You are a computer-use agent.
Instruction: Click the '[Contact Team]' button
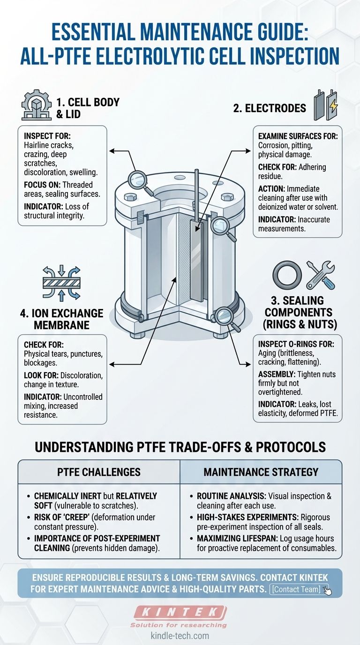click(x=296, y=589)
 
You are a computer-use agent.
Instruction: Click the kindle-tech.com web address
click(x=180, y=636)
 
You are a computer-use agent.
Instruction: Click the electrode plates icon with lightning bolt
click(x=325, y=105)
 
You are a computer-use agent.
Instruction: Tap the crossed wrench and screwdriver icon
click(x=321, y=275)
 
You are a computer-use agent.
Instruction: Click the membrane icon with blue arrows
click(x=61, y=283)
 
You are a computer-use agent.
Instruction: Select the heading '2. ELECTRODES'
click(x=270, y=108)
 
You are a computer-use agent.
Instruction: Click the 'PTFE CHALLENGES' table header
click(x=99, y=472)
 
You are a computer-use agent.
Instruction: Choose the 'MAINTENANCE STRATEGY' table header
click(x=261, y=472)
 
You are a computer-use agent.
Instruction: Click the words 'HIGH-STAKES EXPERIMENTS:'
click(x=247, y=517)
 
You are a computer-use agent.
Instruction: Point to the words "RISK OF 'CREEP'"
click(x=61, y=517)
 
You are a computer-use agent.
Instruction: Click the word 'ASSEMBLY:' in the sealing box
click(x=277, y=375)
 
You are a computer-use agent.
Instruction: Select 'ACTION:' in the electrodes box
click(x=271, y=189)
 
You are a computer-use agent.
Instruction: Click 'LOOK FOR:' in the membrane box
click(x=41, y=375)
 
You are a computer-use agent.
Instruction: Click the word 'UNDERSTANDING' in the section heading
click(x=84, y=447)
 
